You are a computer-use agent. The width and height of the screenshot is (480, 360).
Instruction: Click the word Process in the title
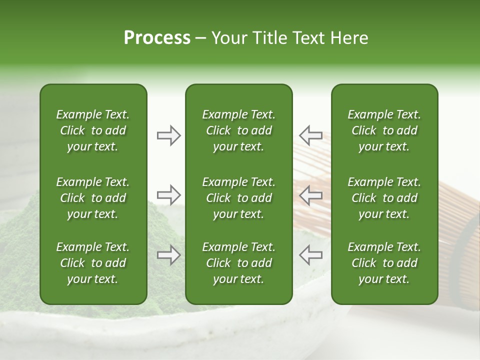click(157, 38)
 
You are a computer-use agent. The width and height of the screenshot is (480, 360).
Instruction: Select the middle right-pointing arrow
click(168, 194)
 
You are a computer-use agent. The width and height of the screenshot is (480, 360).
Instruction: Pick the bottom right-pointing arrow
click(168, 255)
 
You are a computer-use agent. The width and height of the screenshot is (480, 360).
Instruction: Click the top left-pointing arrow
click(310, 135)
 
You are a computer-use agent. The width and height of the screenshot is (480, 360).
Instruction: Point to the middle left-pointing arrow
click(310, 195)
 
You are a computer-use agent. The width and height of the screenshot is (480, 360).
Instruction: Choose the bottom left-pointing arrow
click(310, 255)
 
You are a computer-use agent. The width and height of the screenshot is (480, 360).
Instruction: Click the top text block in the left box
click(93, 130)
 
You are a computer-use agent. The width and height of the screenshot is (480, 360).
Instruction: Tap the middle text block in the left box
click(93, 198)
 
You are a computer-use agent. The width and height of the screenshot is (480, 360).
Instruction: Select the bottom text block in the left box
click(93, 263)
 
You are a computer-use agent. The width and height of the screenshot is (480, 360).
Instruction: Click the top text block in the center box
click(238, 130)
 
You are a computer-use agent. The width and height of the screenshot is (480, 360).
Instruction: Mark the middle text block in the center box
click(238, 198)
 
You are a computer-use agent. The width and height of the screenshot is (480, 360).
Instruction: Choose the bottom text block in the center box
click(238, 263)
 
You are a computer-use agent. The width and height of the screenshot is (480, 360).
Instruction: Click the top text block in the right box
click(384, 130)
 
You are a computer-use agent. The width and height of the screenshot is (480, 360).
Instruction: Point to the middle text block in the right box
click(384, 198)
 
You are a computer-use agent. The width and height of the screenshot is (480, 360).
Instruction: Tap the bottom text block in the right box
click(384, 263)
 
